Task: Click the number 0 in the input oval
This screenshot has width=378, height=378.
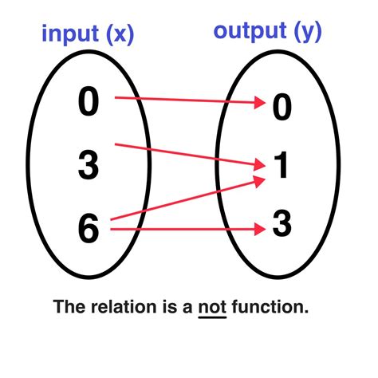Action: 89,101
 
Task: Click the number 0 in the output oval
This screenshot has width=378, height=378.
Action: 282,108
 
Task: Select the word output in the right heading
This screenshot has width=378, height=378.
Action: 248,32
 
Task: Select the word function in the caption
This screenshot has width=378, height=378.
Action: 267,306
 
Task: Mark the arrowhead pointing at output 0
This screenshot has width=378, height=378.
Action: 258,104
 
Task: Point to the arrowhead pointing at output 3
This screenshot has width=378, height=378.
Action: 258,230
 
